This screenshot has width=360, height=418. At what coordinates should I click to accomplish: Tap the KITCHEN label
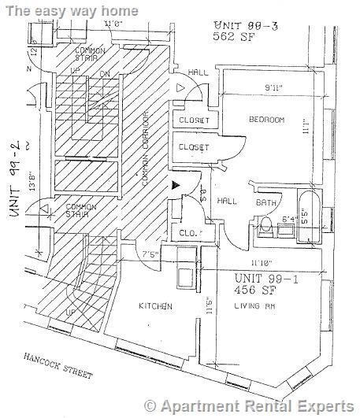pos(157,306)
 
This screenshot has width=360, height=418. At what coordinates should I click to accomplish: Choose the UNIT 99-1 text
pos(266,279)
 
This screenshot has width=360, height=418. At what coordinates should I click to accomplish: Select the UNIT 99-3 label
pos(239,25)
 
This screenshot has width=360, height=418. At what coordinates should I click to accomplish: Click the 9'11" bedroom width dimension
pos(273,87)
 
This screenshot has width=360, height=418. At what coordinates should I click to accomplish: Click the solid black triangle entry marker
pos(175,184)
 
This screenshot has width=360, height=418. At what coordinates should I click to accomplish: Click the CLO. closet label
pos(188,234)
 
